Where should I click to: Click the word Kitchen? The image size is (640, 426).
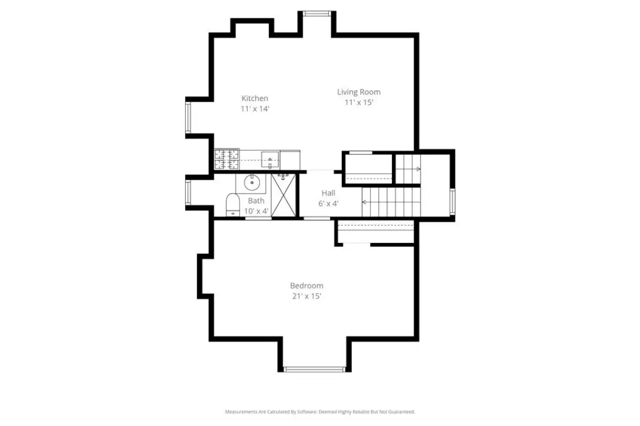pyautogui.click(x=255, y=98)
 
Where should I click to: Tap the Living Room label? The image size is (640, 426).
pyautogui.click(x=359, y=92)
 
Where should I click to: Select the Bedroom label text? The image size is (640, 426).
pyautogui.click(x=306, y=285)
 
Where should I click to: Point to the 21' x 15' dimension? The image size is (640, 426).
pyautogui.click(x=306, y=296)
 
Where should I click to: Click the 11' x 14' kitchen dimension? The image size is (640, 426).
pyautogui.click(x=255, y=109)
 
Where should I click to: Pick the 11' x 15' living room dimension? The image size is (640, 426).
pyautogui.click(x=359, y=102)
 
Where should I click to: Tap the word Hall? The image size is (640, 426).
pyautogui.click(x=329, y=193)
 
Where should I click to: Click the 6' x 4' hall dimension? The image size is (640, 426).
pyautogui.click(x=329, y=203)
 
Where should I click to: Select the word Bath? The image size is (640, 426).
pyautogui.click(x=256, y=201)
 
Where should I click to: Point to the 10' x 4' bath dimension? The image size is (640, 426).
pyautogui.click(x=256, y=211)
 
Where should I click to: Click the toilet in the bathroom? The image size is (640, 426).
pyautogui.click(x=232, y=204)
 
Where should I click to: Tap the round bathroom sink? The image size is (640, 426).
pyautogui.click(x=252, y=182)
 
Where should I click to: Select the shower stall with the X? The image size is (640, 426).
pyautogui.click(x=283, y=195)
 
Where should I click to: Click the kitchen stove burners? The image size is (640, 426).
pyautogui.click(x=227, y=159)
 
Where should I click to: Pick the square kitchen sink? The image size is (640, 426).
pyautogui.click(x=270, y=159)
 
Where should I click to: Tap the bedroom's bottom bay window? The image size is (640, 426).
pyautogui.click(x=314, y=369)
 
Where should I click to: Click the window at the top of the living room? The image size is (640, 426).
pyautogui.click(x=317, y=14)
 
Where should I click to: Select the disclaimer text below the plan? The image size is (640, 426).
pyautogui.click(x=320, y=412)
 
